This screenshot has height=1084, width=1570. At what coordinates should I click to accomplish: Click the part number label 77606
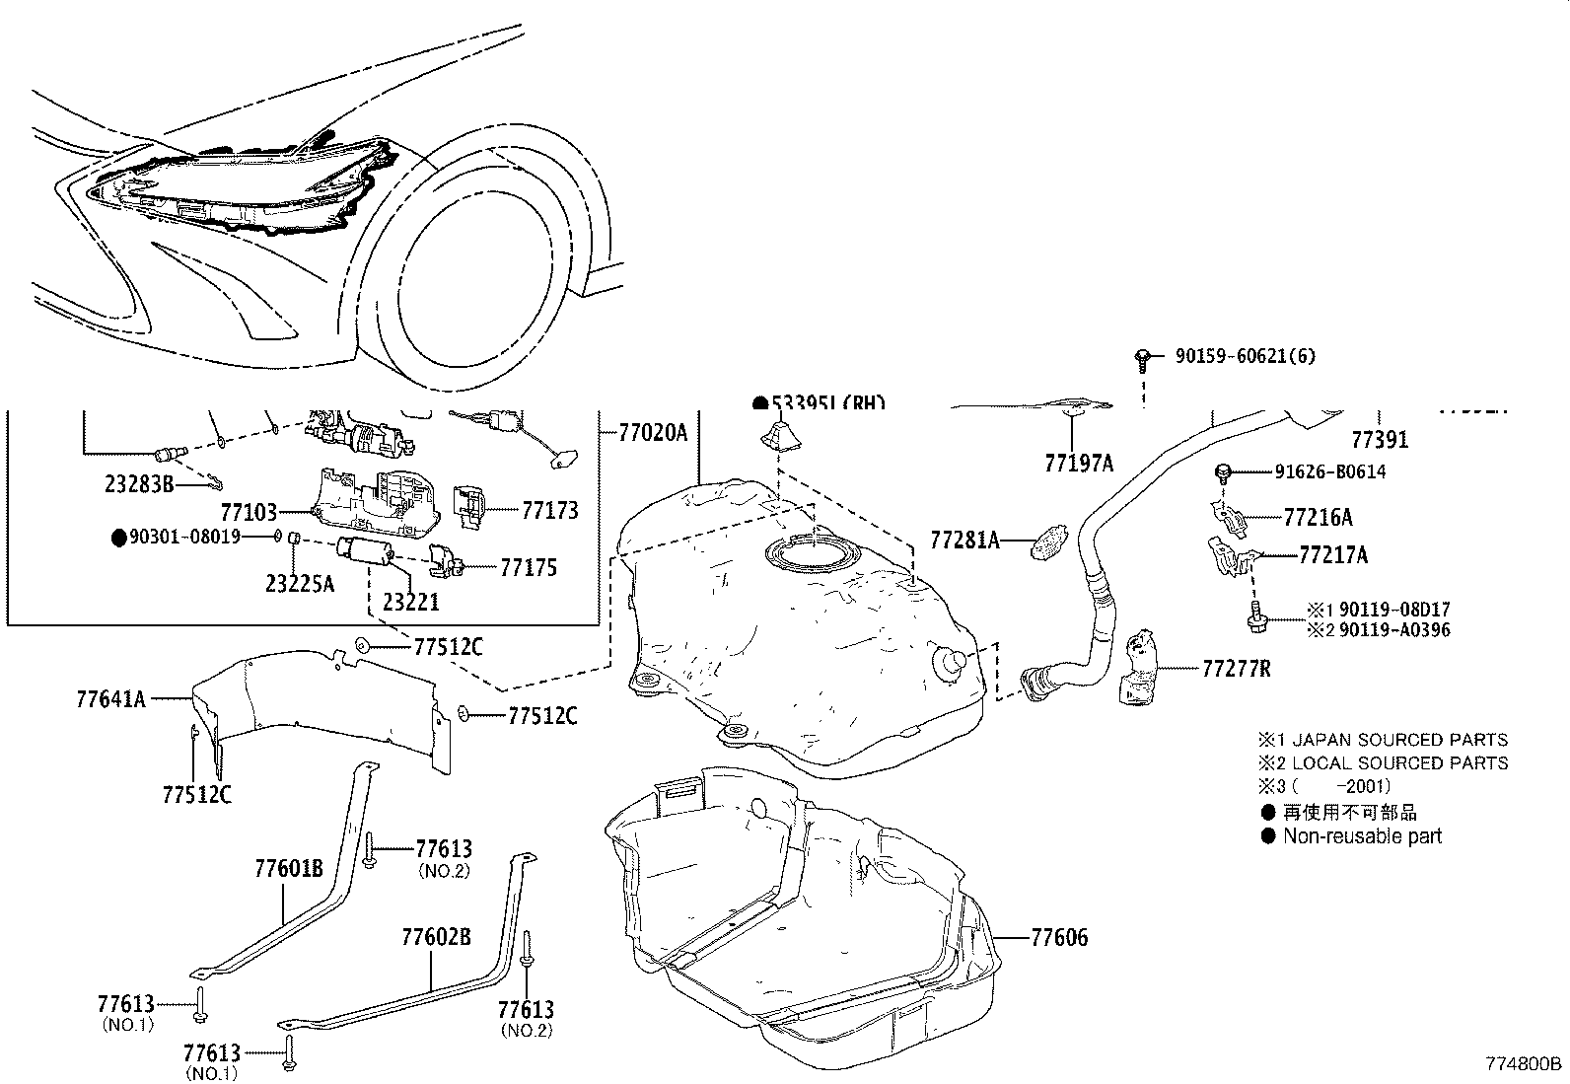pos(1059,938)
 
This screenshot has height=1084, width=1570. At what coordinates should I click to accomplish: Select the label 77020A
pos(652,432)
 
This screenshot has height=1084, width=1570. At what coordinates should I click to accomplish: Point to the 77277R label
pos(1236,670)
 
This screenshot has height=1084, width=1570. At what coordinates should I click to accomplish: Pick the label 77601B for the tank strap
pos(288,869)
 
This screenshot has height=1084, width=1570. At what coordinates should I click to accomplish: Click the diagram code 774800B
pos(1524,1065)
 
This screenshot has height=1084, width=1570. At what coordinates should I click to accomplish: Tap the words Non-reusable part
pos(1362,836)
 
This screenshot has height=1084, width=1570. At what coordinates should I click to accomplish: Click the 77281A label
pos(964,540)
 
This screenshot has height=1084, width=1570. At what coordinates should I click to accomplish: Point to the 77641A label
pos(110,699)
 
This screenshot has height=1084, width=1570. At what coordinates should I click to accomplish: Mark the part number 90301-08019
pos(184,538)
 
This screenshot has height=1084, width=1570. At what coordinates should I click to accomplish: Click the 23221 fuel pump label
pos(410,602)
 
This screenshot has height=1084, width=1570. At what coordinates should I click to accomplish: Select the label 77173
pos(549,511)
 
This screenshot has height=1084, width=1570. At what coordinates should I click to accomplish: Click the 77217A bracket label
pos(1332,555)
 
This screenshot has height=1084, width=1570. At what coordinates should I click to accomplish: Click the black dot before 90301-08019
pos(119,538)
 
